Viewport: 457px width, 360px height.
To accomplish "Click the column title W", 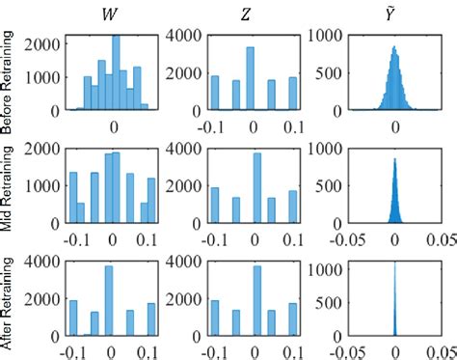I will click(114, 13).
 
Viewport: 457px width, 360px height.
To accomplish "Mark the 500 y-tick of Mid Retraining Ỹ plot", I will click(331, 186).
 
